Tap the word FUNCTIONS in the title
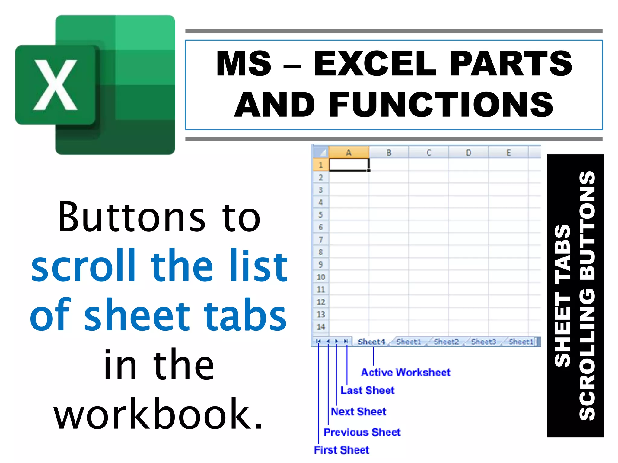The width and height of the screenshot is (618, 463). pos(441,105)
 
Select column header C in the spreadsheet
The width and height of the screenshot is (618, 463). pos(428,153)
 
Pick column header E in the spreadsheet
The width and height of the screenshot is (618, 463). pos(508,153)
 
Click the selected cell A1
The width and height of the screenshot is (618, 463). pos(349,165)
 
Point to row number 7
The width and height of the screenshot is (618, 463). pos(320,240)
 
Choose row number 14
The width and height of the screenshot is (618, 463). pos(320,327)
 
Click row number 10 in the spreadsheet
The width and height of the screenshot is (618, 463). pos(320,277)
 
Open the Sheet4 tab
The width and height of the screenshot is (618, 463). pos(371,342)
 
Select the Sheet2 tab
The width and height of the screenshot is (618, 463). pos(446,342)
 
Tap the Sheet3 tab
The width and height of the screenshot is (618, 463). pos(484,342)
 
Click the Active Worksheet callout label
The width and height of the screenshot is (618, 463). pos(406,373)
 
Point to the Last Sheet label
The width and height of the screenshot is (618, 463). pos(367,390)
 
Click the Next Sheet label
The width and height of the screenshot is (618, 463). pos(358,411)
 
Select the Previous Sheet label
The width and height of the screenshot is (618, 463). pos(362,432)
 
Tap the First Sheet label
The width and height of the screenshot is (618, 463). pos(341,450)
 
